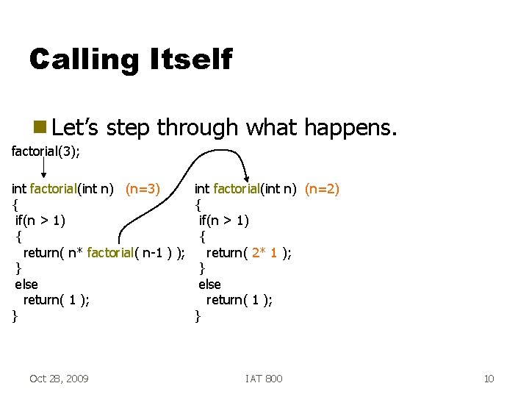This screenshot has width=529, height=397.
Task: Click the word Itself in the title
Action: coord(192,59)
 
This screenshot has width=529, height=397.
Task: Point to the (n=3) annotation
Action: coord(143,189)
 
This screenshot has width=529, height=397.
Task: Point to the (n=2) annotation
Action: coord(322,189)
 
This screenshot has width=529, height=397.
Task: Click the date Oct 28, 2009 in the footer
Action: coord(59,378)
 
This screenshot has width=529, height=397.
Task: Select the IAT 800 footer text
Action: coord(264,378)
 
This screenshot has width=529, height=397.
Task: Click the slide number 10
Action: coord(489,378)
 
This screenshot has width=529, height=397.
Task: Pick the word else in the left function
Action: coord(26,285)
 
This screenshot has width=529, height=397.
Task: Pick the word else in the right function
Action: coord(209,285)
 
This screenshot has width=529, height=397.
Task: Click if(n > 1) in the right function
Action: coord(224,221)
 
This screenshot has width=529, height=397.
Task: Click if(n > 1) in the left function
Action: coord(41,221)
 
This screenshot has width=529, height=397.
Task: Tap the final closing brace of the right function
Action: coord(198,316)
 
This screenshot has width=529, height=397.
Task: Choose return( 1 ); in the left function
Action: coord(57,300)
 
